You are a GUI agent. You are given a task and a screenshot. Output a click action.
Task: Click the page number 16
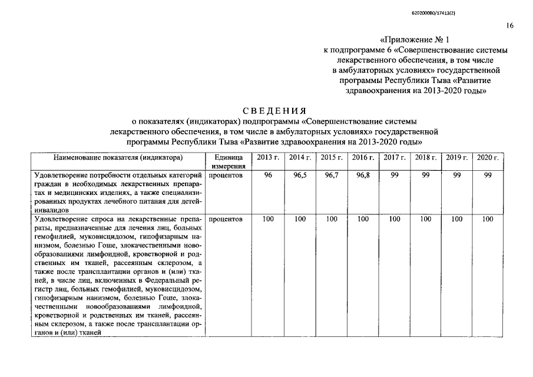tap(509, 25)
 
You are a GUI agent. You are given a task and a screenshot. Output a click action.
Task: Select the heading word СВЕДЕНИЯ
tap(274, 111)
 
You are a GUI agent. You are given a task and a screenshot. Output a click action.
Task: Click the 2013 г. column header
tap(268, 158)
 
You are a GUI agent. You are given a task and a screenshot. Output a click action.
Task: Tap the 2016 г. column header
tap(363, 158)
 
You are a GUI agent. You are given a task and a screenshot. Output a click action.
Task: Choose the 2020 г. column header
tap(488, 158)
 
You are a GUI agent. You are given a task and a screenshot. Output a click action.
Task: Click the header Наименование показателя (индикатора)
tap(118, 158)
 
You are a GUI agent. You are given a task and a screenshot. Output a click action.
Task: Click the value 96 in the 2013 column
tap(268, 176)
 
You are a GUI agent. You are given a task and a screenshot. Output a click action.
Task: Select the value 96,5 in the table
tap(300, 176)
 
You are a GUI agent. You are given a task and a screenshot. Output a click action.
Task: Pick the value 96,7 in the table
tap(332, 176)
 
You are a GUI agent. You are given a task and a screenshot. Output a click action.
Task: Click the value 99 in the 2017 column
tap(394, 176)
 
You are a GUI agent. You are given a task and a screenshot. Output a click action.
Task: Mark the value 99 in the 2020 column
tap(488, 176)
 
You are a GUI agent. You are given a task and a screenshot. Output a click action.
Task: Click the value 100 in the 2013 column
tap(268, 219)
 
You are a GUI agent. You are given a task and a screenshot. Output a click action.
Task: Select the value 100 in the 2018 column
tap(425, 219)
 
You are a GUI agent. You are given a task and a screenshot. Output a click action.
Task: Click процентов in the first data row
tap(226, 176)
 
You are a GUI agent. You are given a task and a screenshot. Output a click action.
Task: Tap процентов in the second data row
tap(226, 219)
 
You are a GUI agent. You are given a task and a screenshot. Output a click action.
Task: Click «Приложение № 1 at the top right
tap(415, 41)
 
